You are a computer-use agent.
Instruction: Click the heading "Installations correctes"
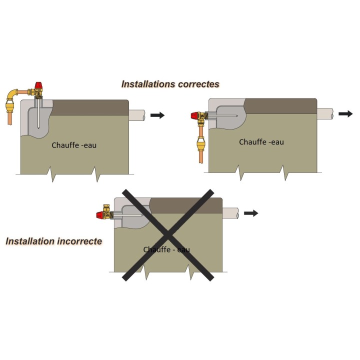pyautogui.click(x=170, y=84)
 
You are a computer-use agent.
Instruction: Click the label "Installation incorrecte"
pyautogui.click(x=53, y=241)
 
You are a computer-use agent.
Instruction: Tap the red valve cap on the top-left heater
pyautogui.click(x=38, y=85)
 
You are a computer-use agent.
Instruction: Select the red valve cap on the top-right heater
pyautogui.click(x=194, y=115)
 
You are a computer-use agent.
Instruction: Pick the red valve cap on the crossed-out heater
pyautogui.click(x=100, y=215)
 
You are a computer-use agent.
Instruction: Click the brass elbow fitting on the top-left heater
pyautogui.click(x=12, y=93)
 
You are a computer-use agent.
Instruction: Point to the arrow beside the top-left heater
pyautogui.click(x=157, y=115)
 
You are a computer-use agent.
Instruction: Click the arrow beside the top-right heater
pyautogui.click(x=345, y=113)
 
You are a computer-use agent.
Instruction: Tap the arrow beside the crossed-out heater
pyautogui.click(x=251, y=213)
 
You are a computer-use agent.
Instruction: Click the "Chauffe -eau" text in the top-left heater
pyautogui.click(x=74, y=145)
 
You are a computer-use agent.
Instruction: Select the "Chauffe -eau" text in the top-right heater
pyautogui.click(x=261, y=142)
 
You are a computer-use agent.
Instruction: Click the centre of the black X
pyautogui.click(x=168, y=235)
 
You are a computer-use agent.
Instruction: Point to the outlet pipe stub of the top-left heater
pyautogui.click(x=137, y=115)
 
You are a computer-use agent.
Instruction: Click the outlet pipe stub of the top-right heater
pyautogui.click(x=325, y=113)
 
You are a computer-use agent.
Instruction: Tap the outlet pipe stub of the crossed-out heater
pyautogui.click(x=230, y=213)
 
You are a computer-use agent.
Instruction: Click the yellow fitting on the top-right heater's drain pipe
pyautogui.click(x=201, y=143)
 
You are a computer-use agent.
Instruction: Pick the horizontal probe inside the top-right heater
pyautogui.click(x=222, y=116)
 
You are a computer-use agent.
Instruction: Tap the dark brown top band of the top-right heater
pyautogui.click(x=280, y=106)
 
